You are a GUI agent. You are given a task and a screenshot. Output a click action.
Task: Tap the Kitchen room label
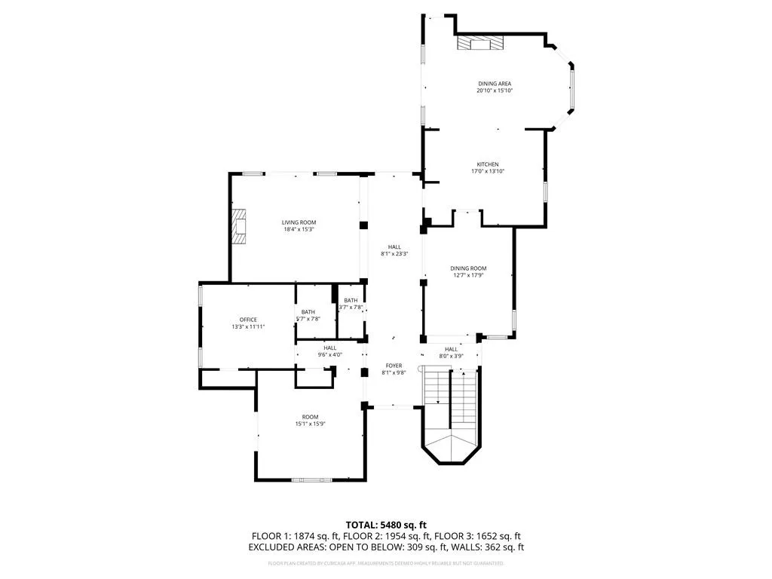487,164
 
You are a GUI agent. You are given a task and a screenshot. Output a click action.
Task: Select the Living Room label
299,222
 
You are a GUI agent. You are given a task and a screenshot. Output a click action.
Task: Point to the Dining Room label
468,268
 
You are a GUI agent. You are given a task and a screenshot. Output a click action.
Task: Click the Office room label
249,320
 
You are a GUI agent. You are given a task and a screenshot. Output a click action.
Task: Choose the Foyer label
394,366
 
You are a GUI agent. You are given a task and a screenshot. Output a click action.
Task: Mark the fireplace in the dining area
479,44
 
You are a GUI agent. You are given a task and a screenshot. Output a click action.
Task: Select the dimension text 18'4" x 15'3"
299,230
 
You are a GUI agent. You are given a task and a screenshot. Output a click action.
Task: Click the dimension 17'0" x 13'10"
487,172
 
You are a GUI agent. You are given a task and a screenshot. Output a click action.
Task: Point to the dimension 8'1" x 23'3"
394,254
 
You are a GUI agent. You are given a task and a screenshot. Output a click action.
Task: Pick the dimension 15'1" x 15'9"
310,424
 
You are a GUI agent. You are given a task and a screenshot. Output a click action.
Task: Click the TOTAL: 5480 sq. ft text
386,525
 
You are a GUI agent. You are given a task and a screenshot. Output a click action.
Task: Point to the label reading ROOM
310,417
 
